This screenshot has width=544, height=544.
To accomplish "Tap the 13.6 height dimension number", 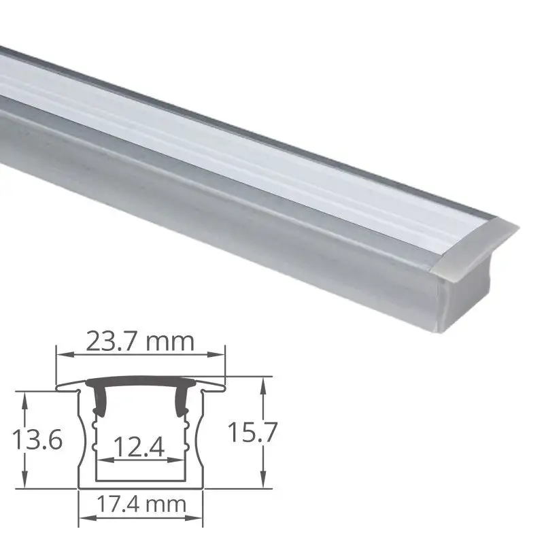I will [x=37, y=439].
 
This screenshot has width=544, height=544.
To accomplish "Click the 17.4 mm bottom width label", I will [x=141, y=505].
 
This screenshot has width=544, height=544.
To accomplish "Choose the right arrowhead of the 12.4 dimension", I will [x=185, y=460].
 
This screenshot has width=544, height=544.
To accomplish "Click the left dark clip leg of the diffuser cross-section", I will [x=97, y=401].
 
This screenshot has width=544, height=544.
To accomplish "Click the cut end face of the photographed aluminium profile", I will [x=469, y=272].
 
